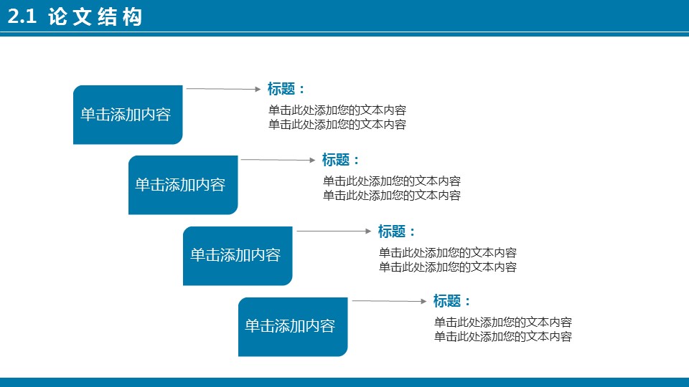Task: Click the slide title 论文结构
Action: click(x=95, y=17)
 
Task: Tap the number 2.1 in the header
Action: click(x=22, y=18)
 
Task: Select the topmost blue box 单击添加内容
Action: click(x=128, y=115)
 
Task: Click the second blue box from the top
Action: click(x=182, y=185)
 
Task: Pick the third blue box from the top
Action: click(x=238, y=256)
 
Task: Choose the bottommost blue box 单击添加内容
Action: click(x=293, y=326)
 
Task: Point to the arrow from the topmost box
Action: click(x=223, y=89)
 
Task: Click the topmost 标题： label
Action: click(x=286, y=89)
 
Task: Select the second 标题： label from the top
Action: click(x=341, y=160)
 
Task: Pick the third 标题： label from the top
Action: click(x=397, y=231)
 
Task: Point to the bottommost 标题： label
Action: click(x=452, y=301)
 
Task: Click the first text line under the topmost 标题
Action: click(x=337, y=110)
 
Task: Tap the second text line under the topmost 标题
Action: click(x=337, y=125)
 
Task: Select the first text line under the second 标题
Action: click(x=392, y=181)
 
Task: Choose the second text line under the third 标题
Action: click(x=448, y=267)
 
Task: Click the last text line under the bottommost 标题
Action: click(x=503, y=337)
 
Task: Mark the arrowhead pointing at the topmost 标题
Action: click(x=258, y=90)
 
